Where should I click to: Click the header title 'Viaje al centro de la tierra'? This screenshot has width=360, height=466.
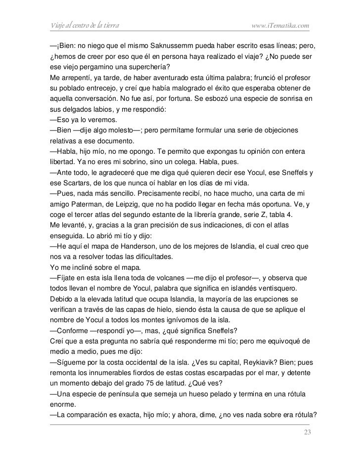[x=83, y=25]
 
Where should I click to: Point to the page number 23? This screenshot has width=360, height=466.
[x=307, y=433]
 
